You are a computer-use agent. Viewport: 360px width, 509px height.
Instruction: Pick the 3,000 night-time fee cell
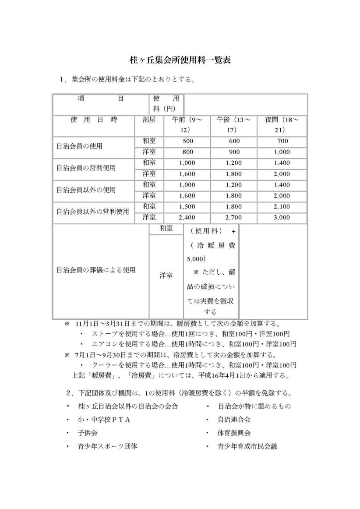tap(282, 217)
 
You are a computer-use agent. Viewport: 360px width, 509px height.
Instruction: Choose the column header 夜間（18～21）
tap(282, 124)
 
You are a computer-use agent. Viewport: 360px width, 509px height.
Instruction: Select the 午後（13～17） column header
tap(232, 124)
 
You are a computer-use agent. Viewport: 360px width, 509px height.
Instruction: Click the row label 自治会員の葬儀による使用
tap(96, 270)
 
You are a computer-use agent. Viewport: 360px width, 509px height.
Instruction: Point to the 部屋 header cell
tap(149, 120)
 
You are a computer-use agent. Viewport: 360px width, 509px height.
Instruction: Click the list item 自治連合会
tap(234, 420)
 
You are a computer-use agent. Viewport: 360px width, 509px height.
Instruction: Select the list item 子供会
tap(88, 433)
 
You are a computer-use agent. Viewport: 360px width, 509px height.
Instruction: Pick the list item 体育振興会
tap(234, 433)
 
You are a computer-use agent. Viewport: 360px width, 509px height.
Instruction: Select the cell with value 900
tap(232, 152)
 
